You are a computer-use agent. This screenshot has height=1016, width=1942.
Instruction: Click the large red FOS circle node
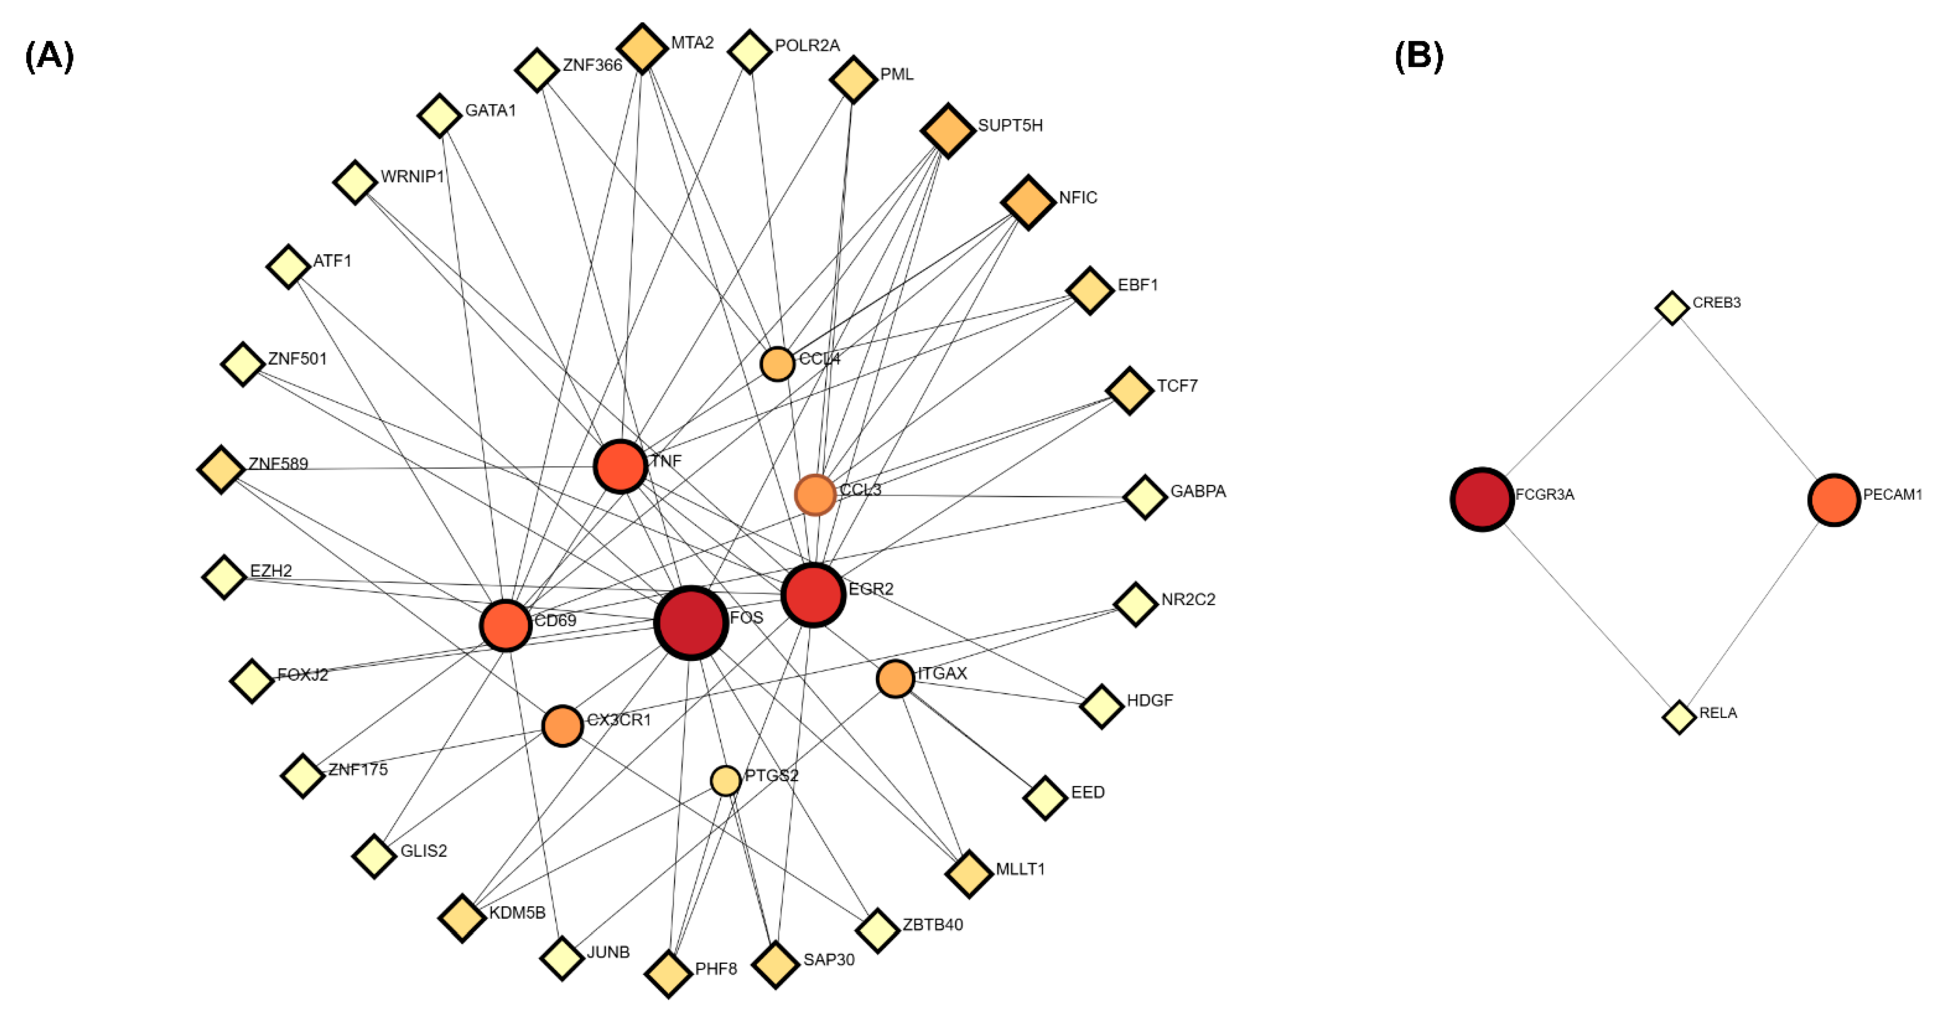(691, 623)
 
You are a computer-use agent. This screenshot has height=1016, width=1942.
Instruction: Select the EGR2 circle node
(813, 594)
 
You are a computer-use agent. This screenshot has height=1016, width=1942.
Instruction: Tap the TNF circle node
(620, 466)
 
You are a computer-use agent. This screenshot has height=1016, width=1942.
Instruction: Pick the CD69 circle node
(505, 625)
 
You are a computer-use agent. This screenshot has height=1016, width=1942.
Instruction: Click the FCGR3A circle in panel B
(1482, 499)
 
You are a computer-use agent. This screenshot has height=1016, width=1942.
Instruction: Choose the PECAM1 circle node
(1833, 499)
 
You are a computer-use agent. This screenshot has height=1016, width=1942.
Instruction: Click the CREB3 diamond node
(1672, 308)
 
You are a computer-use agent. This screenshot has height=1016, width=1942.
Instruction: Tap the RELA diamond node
(1679, 717)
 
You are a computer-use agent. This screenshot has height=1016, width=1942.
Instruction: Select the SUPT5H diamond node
(948, 131)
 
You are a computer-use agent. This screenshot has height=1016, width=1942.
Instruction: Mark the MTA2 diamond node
(642, 48)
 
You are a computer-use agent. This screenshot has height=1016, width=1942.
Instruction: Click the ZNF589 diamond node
(221, 469)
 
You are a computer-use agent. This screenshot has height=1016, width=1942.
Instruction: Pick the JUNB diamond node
(562, 958)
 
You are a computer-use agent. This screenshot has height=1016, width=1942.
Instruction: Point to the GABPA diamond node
(1145, 497)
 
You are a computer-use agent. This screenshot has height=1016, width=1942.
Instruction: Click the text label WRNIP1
(412, 177)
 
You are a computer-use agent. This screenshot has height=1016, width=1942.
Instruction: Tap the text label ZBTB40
(933, 925)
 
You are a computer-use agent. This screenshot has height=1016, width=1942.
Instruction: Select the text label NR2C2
(1188, 600)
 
